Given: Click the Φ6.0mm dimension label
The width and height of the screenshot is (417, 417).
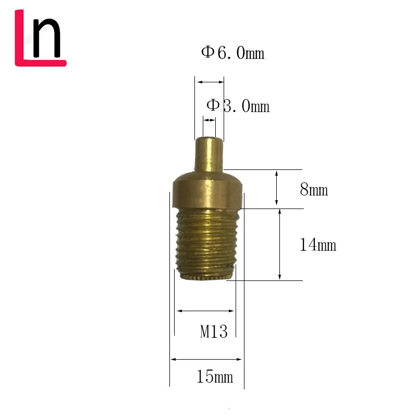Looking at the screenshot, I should [233, 53].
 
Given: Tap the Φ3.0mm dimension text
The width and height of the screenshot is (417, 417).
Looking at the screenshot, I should [238, 106].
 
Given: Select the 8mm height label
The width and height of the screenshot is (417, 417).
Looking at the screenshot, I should [314, 190].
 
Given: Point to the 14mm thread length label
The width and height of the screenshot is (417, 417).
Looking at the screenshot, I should [318, 244].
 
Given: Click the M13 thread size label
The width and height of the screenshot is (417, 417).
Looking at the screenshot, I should [214, 332].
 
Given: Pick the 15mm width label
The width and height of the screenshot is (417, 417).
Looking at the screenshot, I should [214, 376].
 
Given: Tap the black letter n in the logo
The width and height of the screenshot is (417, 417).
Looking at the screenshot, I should [46, 39].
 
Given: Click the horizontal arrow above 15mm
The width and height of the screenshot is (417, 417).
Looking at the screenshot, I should [206, 359].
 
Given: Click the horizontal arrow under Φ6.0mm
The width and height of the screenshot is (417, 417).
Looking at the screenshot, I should [210, 81].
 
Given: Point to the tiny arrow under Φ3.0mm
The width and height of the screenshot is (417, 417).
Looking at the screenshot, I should [209, 120].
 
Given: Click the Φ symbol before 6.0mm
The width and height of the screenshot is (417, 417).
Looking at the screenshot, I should [207, 52].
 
